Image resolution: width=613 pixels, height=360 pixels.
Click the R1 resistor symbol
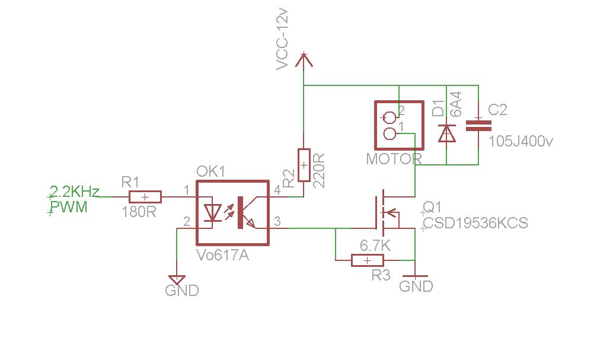click(145, 197)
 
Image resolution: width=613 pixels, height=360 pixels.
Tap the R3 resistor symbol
click(367, 260)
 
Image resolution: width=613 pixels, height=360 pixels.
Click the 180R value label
click(139, 212)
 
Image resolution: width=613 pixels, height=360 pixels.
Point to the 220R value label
click(320, 171)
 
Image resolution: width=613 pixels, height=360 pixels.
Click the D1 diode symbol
click(446, 133)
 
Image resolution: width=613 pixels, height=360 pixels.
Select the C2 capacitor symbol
click(478, 125)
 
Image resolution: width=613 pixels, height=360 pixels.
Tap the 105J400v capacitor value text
click(521, 142)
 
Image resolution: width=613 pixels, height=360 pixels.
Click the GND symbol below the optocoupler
click(177, 279)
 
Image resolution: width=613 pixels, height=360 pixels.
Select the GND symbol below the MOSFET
click(415, 276)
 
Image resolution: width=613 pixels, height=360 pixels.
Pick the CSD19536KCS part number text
click(474, 224)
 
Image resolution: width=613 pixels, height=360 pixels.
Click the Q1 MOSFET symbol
click(385, 212)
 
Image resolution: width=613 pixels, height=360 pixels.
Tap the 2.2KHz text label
click(74, 192)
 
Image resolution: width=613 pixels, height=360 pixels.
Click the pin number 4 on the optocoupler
click(278, 190)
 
